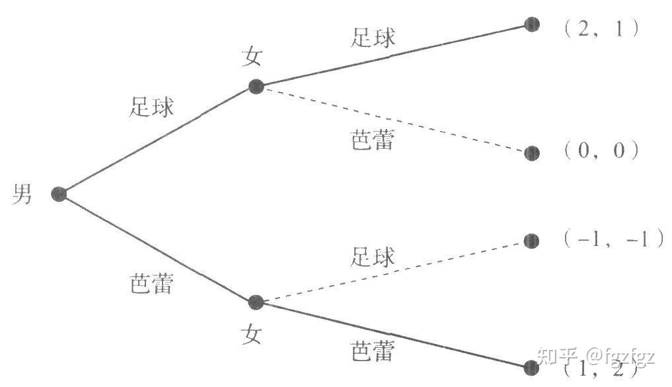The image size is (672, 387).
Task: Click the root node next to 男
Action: coord(59,194)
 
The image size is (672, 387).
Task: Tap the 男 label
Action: coord(22,194)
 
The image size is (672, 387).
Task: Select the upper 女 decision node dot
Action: coord(256,86)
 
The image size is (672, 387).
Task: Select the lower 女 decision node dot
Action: coord(256,303)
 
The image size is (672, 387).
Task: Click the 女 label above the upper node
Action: coord(252,57)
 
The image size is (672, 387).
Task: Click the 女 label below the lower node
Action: coord(251,334)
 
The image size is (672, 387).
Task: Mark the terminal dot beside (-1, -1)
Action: coord(531,241)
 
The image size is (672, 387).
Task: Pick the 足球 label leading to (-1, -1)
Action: coord(373,257)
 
